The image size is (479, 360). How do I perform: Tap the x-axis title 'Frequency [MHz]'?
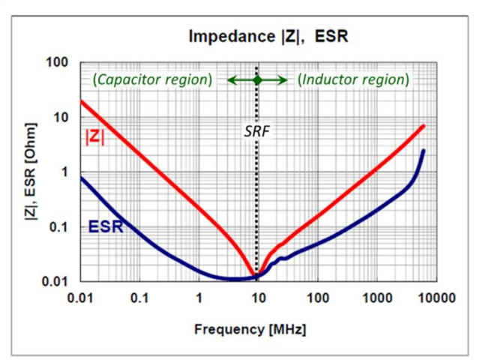pos(250,329)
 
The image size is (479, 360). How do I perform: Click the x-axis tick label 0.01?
pos(79,299)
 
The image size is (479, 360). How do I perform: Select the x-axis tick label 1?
pos(199,299)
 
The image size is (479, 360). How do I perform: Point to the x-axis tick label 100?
pos(317,299)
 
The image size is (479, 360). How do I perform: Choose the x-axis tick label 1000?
pos(376,299)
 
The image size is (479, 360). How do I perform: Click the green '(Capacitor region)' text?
pos(153,79)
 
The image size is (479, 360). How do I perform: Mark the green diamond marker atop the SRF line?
pos(257,79)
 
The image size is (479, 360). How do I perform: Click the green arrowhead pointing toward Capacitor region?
pos(232,79)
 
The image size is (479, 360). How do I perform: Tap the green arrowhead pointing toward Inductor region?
pos(283,79)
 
